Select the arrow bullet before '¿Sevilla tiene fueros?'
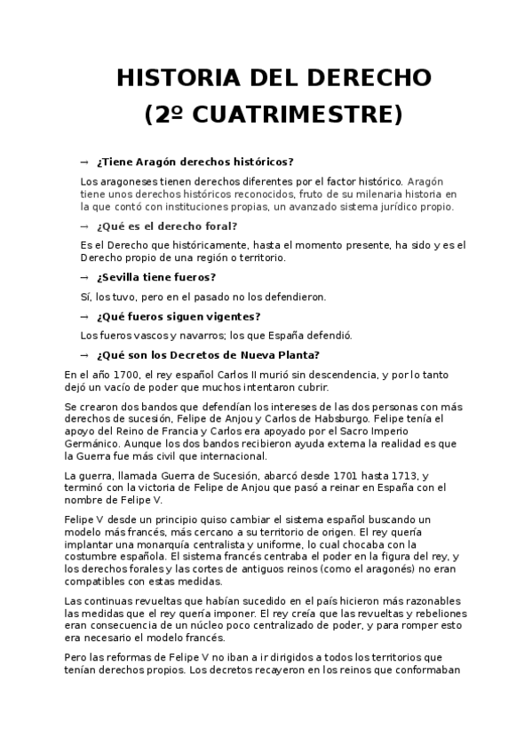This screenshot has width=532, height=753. coord(84,278)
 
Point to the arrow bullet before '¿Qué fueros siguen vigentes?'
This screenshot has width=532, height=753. coord(84,317)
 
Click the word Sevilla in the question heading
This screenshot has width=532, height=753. coord(126,278)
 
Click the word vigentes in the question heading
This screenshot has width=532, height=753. coord(232,317)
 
